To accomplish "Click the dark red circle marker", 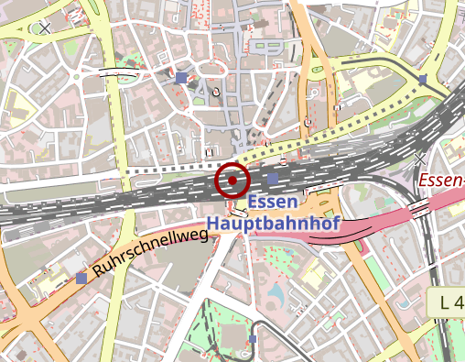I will click(x=232, y=180).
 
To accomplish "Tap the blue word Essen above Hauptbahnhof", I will click(x=273, y=203).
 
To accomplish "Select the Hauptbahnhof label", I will click(x=273, y=223).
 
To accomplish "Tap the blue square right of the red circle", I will click(x=273, y=178).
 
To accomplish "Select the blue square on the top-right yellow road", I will click(x=423, y=81).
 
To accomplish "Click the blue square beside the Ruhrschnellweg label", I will click(x=82, y=277).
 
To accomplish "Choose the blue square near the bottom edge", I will click(x=253, y=339).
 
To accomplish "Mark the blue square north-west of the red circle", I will click(x=181, y=79).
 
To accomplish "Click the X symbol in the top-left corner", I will click(x=45, y=27).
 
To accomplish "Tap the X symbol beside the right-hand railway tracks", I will click(x=420, y=159).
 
